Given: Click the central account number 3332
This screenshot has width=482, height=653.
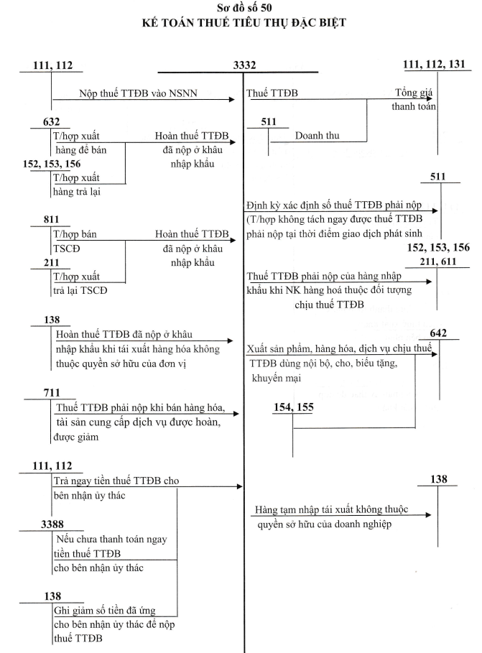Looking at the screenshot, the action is (244, 65).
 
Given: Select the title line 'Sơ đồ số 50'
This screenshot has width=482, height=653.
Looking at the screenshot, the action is (244, 7).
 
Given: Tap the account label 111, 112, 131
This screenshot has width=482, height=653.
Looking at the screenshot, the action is (434, 65).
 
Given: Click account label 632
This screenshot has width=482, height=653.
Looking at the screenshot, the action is (51, 121).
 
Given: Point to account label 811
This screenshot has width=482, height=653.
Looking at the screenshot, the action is (51, 220).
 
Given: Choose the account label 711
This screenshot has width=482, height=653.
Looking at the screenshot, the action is (52, 393).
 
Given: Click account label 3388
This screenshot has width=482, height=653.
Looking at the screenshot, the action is (52, 524).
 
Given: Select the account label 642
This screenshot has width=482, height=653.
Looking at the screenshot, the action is (438, 333).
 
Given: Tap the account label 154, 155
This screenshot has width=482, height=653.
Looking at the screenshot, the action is (293, 407).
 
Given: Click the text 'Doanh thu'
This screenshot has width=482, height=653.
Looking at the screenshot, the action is (317, 135).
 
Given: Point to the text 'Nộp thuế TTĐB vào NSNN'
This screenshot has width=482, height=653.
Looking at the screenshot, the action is (139, 93).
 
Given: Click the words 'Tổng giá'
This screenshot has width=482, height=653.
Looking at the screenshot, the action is (414, 93).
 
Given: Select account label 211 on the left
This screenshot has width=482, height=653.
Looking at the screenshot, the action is (51, 263).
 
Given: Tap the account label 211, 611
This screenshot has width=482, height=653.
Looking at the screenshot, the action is (438, 261).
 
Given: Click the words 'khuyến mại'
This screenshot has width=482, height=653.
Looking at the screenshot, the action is (277, 378).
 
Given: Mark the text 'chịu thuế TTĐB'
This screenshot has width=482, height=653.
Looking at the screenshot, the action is (329, 305).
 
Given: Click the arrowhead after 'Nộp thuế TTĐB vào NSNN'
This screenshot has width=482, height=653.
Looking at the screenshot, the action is (232, 100).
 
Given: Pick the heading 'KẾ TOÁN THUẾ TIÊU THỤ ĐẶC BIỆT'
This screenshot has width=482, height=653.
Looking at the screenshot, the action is (244, 22).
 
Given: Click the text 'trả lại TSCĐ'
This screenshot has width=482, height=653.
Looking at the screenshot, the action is (80, 290).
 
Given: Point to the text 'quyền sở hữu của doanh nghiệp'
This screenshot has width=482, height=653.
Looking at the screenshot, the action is (324, 524).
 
